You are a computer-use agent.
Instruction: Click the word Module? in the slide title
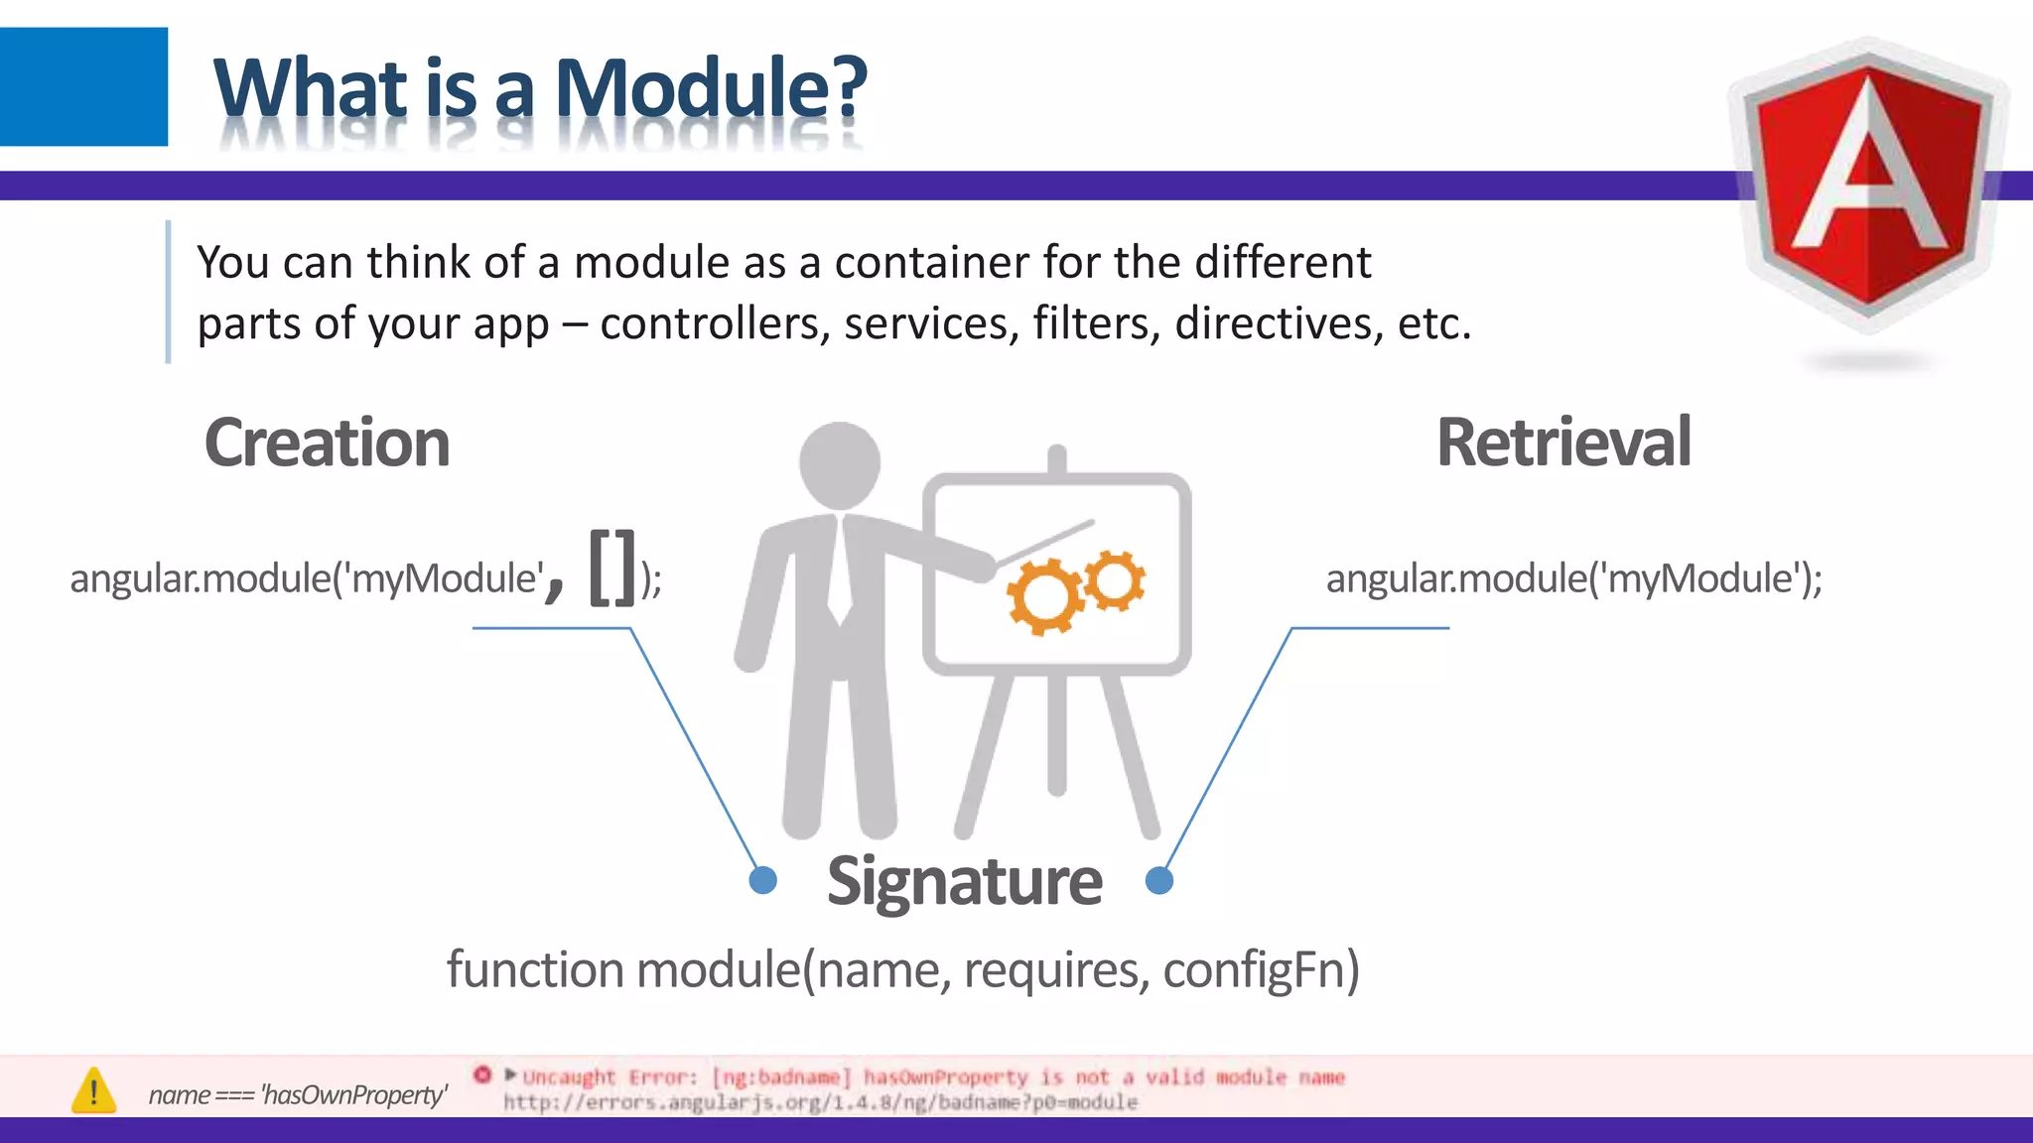(x=711, y=88)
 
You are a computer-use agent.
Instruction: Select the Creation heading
(x=327, y=443)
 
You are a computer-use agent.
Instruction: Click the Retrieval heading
(x=1563, y=443)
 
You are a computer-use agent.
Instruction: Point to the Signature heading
(x=964, y=881)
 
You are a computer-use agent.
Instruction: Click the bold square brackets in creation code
(x=611, y=568)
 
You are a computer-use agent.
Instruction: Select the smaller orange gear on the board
(x=1115, y=580)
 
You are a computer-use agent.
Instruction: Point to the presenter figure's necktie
(x=840, y=575)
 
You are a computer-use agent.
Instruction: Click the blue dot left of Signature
(x=762, y=880)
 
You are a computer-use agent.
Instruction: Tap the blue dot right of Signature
(x=1158, y=880)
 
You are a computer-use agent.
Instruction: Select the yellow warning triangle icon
(x=94, y=1091)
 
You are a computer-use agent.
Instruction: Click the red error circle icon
(x=482, y=1075)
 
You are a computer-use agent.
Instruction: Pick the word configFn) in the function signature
(x=1261, y=969)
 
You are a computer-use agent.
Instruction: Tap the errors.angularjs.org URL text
(x=820, y=1102)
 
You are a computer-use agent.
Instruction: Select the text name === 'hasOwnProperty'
(x=298, y=1094)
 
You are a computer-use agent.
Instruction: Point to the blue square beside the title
(x=83, y=86)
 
